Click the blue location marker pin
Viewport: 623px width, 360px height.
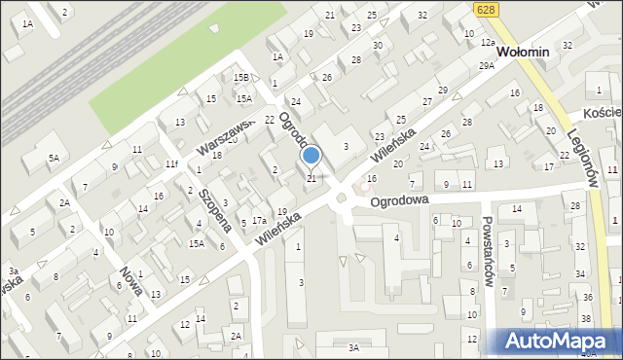tap(311, 156)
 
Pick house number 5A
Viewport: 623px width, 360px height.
tap(55, 157)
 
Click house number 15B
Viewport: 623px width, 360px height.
tap(240, 77)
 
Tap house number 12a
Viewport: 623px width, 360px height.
tap(488, 43)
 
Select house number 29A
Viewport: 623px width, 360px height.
tap(486, 65)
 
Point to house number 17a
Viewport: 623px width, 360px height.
tap(259, 221)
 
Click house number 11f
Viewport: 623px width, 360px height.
tap(170, 163)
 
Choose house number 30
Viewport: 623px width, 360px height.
tap(378, 45)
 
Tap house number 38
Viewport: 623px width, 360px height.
tap(586, 318)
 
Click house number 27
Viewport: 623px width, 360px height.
tap(426, 101)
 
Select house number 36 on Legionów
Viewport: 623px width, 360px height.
tap(587, 296)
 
